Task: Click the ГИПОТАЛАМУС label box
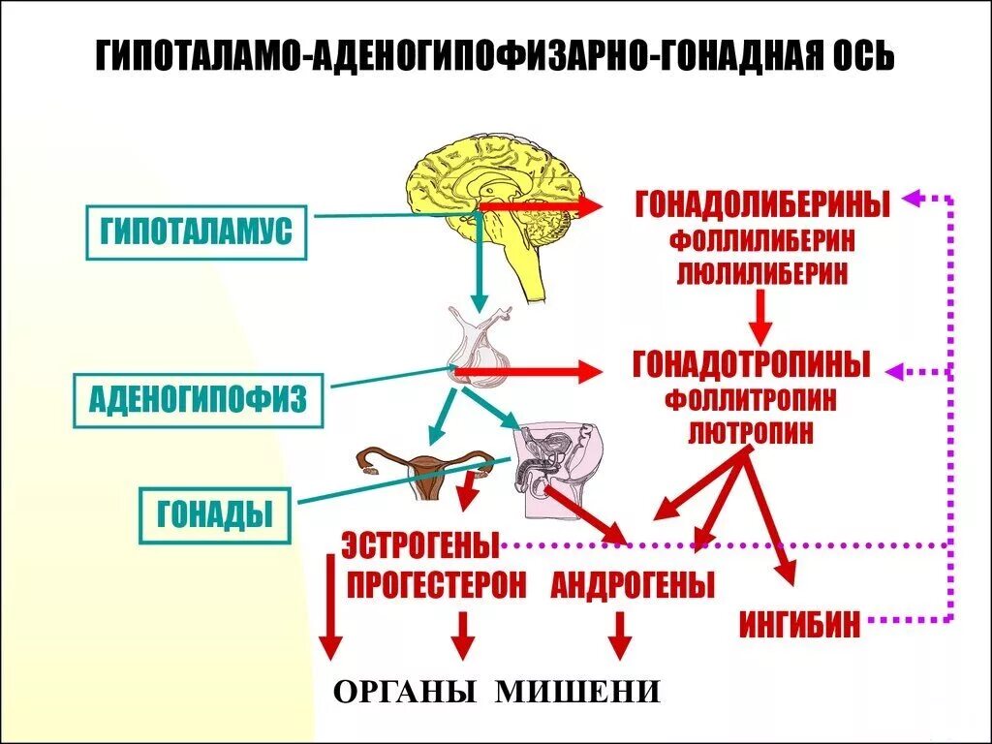coord(197,232)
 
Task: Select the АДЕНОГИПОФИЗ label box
coord(198,398)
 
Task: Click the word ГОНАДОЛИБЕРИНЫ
coord(762,205)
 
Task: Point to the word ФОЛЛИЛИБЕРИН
coord(761,241)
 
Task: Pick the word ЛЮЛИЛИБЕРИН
coord(761,272)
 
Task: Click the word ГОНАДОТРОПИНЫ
coord(752,365)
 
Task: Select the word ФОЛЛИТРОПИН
coord(751,400)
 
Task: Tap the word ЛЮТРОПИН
coord(751,431)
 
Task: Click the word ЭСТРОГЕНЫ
coord(419,546)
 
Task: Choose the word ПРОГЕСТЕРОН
coord(436,585)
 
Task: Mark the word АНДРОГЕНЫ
coord(634,585)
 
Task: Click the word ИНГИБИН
coord(800,624)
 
